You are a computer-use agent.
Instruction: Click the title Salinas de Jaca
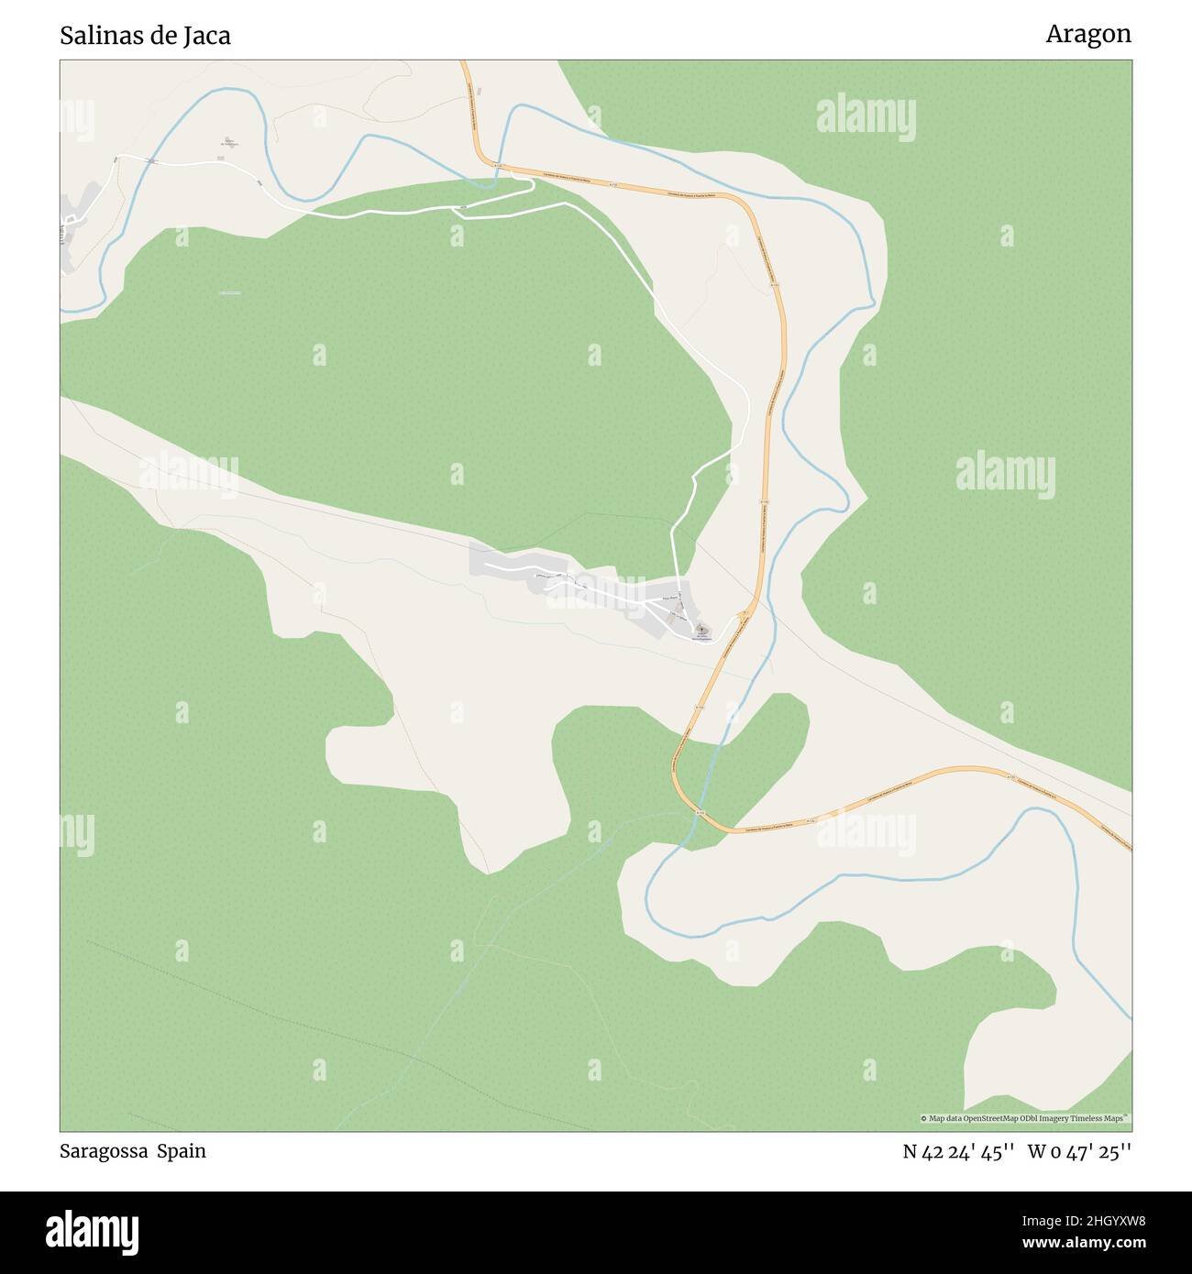tap(145, 36)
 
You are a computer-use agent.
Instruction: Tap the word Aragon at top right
tap(1087, 34)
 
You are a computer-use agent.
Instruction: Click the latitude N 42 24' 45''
tap(957, 1151)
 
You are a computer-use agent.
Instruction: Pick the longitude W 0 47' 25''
tap(1079, 1151)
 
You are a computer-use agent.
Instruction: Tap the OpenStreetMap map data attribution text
tap(1024, 1118)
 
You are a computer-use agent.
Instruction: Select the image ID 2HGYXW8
tap(1096, 1221)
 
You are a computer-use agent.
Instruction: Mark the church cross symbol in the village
tap(701, 629)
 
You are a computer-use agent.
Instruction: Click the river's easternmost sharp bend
tap(873, 302)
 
